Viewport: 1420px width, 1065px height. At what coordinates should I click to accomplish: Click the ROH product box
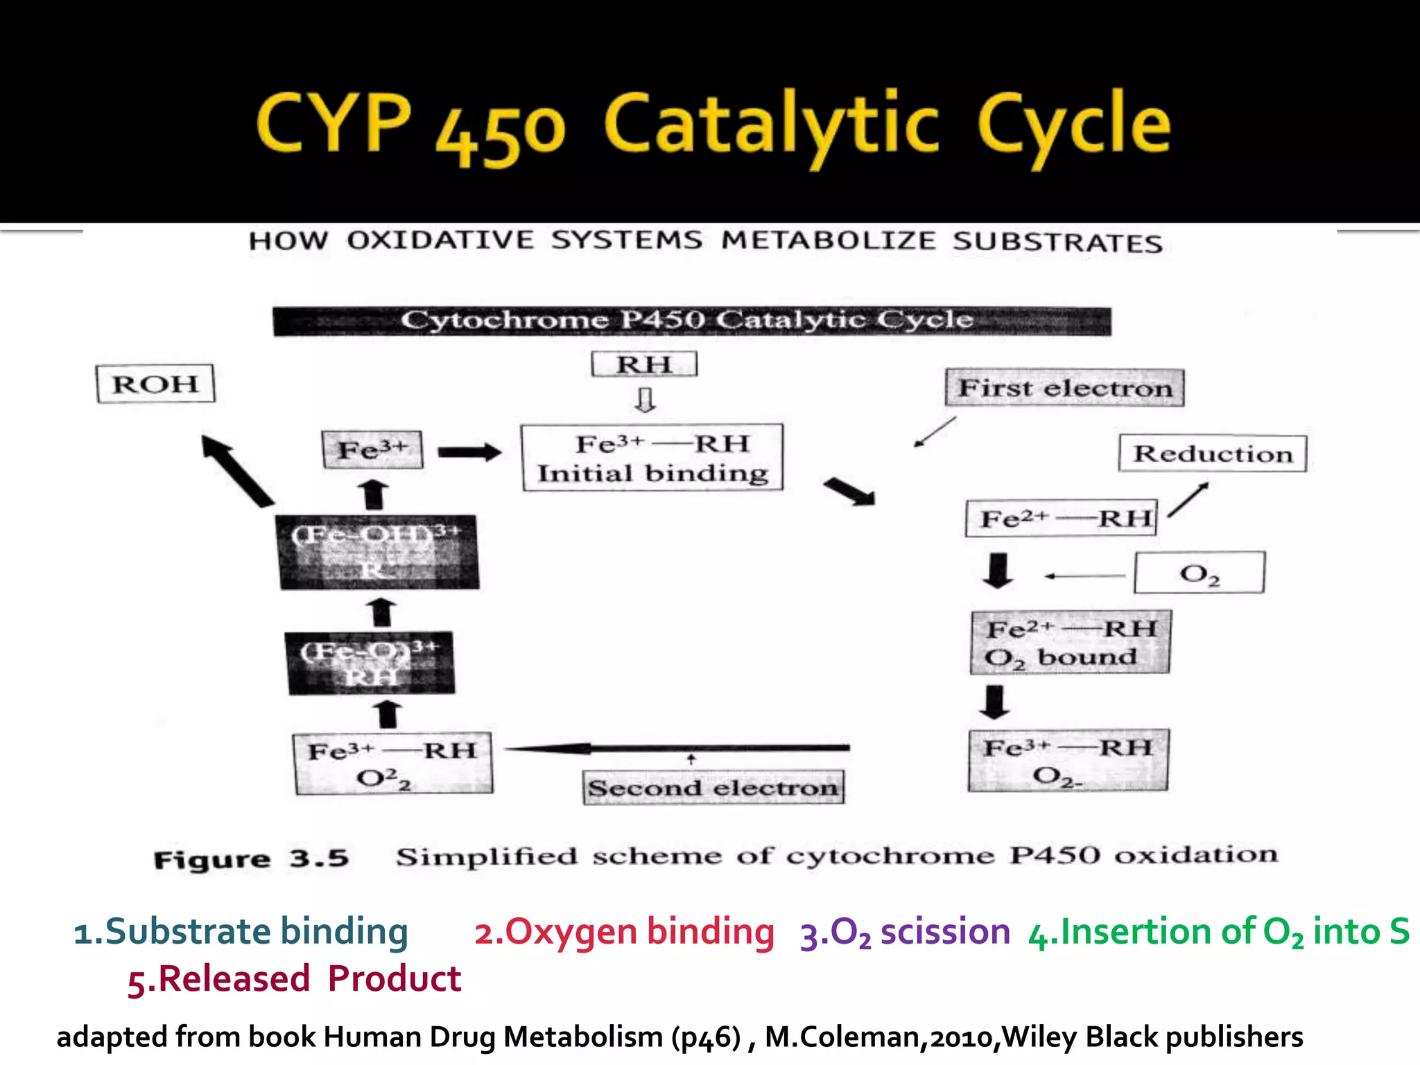tap(155, 383)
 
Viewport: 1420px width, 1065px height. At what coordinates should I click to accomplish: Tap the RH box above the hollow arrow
tap(644, 364)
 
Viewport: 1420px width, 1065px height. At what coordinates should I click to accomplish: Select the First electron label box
tap(1064, 388)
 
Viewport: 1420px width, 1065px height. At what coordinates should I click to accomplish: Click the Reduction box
tap(1213, 453)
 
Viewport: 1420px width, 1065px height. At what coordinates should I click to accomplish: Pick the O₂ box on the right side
tap(1200, 573)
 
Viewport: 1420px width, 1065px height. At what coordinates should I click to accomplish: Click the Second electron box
tap(713, 788)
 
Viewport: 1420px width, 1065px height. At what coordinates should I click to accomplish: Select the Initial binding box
tap(652, 458)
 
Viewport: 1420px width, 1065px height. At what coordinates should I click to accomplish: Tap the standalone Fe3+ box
tap(372, 449)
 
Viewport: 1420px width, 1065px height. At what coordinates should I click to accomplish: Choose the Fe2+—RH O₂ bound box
tap(1070, 642)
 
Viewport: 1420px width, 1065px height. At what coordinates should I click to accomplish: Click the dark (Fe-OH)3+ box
tap(379, 552)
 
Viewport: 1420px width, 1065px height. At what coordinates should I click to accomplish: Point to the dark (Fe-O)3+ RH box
tap(371, 662)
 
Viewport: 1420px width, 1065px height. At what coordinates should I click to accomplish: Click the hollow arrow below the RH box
tap(646, 400)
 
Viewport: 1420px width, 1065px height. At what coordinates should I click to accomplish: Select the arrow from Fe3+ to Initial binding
tap(469, 453)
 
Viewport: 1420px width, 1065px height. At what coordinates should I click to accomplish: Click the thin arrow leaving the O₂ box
tap(1084, 575)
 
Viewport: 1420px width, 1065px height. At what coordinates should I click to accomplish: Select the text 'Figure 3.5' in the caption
tap(250, 860)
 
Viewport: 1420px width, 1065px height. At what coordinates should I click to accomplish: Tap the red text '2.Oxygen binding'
tap(624, 931)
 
